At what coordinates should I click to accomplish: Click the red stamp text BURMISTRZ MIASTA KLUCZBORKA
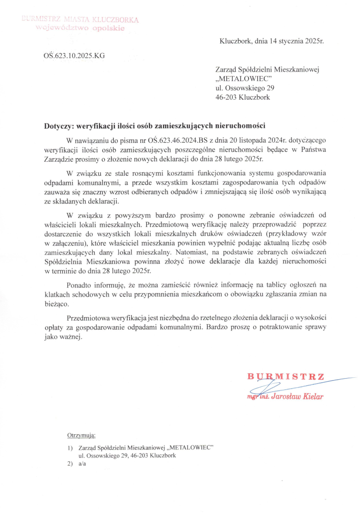click(80, 20)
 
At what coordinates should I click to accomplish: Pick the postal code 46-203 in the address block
click(227, 97)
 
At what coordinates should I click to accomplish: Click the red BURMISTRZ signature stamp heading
click(286, 376)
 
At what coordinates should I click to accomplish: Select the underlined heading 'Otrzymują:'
click(81, 436)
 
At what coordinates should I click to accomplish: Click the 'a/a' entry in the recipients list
click(83, 464)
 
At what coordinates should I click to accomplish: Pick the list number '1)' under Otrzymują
click(70, 447)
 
